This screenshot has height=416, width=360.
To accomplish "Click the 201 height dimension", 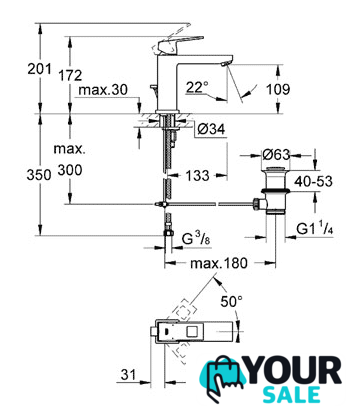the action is tap(39, 69).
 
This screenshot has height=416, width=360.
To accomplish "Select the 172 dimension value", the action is tap(70, 75).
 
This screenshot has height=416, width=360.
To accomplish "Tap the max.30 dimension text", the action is tap(103, 90).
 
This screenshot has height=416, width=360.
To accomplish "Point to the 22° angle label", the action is tap(197, 88).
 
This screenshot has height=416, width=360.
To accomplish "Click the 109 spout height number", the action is tap(278, 89).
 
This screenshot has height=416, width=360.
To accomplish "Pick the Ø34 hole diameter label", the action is tap(211, 129).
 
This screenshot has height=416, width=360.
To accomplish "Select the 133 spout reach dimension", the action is tap(197, 175).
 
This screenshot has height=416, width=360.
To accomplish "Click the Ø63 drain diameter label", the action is tap(276, 154).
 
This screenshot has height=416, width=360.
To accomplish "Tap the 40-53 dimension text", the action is tap(313, 181).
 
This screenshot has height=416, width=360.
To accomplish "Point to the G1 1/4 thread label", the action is tap(315, 229).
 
